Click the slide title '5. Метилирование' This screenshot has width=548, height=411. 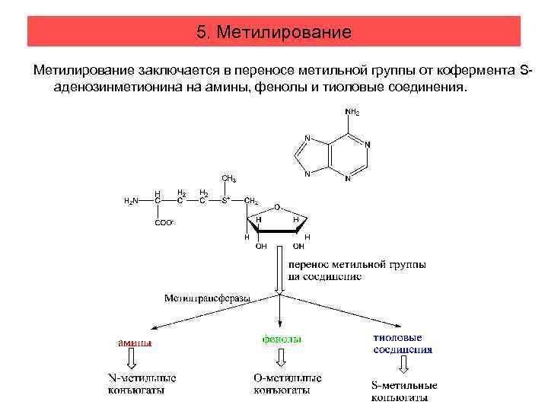click(x=273, y=32)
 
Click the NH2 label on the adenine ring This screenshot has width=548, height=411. click(x=352, y=112)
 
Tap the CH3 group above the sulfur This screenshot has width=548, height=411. click(x=228, y=179)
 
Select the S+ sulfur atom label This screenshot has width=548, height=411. click(x=225, y=201)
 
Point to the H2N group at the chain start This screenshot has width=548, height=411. click(x=131, y=201)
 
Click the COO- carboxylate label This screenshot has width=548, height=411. click(x=164, y=223)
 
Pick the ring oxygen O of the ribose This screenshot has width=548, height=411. click(x=278, y=206)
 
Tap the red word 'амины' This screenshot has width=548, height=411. click(x=134, y=342)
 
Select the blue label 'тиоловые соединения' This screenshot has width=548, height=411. click(x=403, y=343)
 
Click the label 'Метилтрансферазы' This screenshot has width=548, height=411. click(x=207, y=298)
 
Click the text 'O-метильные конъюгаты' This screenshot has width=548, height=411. click(x=287, y=384)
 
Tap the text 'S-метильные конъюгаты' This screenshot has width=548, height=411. click(x=403, y=390)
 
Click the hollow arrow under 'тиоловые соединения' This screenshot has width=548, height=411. click(x=403, y=366)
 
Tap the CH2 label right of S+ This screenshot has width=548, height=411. click(x=251, y=201)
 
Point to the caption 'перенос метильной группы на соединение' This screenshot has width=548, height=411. click(x=357, y=271)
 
